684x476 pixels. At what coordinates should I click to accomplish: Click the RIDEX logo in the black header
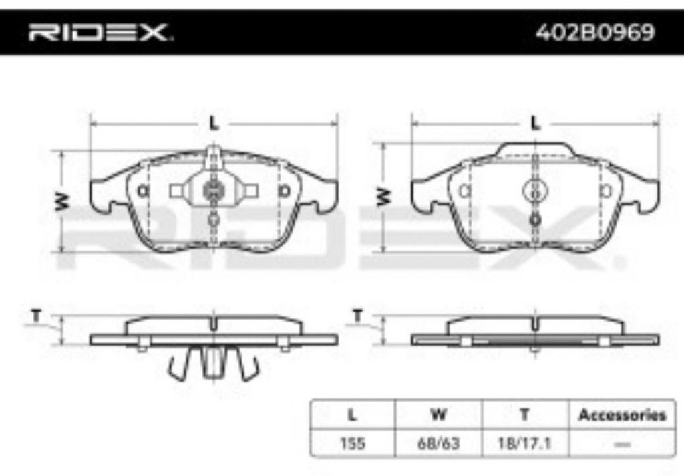tap(100, 33)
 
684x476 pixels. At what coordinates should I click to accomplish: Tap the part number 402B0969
tap(595, 32)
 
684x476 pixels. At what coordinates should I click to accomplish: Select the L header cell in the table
tap(352, 414)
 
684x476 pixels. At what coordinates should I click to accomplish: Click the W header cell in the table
tap(438, 414)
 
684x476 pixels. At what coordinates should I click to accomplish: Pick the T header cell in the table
tap(525, 414)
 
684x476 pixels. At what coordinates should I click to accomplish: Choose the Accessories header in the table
tap(622, 414)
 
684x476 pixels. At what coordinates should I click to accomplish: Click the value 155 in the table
tap(352, 443)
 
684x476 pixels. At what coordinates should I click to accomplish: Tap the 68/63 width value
tap(438, 443)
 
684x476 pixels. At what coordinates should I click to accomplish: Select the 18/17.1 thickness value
tap(525, 443)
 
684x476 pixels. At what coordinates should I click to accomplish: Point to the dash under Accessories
tap(622, 444)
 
